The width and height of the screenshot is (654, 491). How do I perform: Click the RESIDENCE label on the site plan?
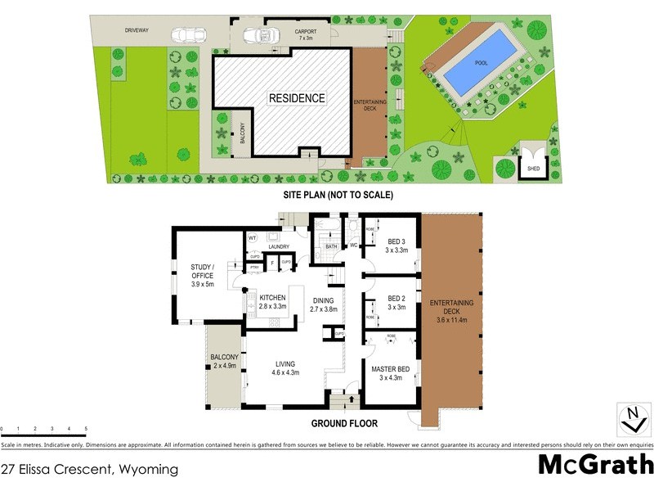(x=298, y=98)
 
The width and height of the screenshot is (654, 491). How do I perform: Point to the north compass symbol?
(x=632, y=417)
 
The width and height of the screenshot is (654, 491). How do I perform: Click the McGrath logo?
(x=594, y=465)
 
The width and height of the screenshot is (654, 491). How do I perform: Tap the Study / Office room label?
(x=202, y=275)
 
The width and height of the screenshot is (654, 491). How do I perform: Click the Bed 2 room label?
(x=397, y=302)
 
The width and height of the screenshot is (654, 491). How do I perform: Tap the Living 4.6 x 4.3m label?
(x=285, y=368)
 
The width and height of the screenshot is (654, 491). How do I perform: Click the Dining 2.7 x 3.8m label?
(x=324, y=305)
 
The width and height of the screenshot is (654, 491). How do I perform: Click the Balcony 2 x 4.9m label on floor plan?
(x=223, y=362)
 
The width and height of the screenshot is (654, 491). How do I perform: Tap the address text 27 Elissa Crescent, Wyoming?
(x=90, y=469)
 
